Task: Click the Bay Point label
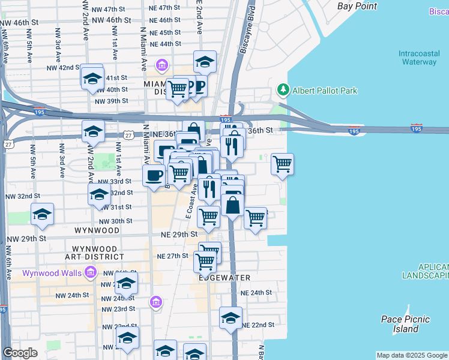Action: click(x=357, y=6)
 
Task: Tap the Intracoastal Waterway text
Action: click(x=418, y=57)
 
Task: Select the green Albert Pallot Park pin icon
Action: click(x=283, y=90)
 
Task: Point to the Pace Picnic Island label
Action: click(x=400, y=324)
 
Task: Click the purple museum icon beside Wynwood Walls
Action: click(x=91, y=273)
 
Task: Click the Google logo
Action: click(x=20, y=353)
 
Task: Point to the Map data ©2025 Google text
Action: click(x=411, y=355)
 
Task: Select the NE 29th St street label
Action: click(x=179, y=234)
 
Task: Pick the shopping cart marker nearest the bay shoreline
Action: click(x=282, y=164)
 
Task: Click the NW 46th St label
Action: click(x=19, y=21)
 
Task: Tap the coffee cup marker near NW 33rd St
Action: click(x=154, y=175)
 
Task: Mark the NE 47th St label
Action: click(x=165, y=8)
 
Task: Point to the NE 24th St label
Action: click(x=256, y=293)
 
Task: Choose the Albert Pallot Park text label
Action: click(x=325, y=91)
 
